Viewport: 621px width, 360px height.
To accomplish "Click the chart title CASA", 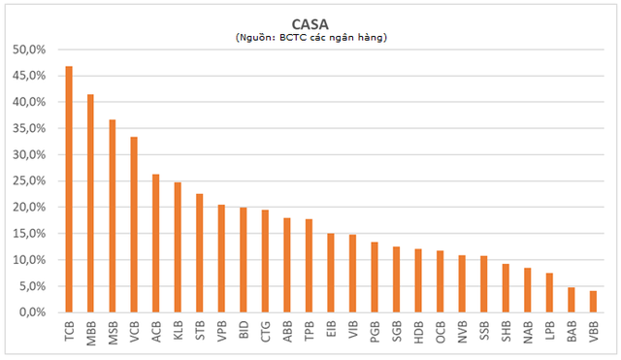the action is (x=310, y=24).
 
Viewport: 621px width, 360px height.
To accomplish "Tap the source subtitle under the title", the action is (x=311, y=38).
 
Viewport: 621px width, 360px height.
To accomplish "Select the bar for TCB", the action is (x=69, y=189).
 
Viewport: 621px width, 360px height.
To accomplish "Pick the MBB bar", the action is (x=90, y=204).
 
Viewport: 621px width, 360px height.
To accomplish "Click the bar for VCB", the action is (x=134, y=224).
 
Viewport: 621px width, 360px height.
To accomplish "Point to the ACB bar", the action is (x=156, y=244).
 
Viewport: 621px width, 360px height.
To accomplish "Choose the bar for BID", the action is (x=244, y=260).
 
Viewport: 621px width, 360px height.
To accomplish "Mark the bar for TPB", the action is (x=309, y=266).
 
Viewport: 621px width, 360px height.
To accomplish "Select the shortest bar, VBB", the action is (x=593, y=302).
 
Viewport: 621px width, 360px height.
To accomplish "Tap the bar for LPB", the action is (x=549, y=293).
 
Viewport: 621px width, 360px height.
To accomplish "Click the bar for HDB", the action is (x=418, y=280).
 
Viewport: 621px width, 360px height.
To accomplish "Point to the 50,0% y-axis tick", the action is (x=29, y=49).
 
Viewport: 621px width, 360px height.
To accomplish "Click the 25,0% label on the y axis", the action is (x=29, y=181).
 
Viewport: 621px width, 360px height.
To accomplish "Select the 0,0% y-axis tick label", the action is (x=32, y=312).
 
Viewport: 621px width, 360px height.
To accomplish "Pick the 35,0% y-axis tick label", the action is (x=29, y=128).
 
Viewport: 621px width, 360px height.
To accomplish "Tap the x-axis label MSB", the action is (x=113, y=333).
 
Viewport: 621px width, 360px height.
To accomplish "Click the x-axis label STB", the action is (x=200, y=331).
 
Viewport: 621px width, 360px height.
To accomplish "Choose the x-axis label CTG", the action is (x=265, y=332).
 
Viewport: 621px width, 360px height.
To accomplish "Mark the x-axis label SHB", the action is (x=506, y=331).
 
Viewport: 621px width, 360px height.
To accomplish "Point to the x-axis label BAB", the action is (x=572, y=332).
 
